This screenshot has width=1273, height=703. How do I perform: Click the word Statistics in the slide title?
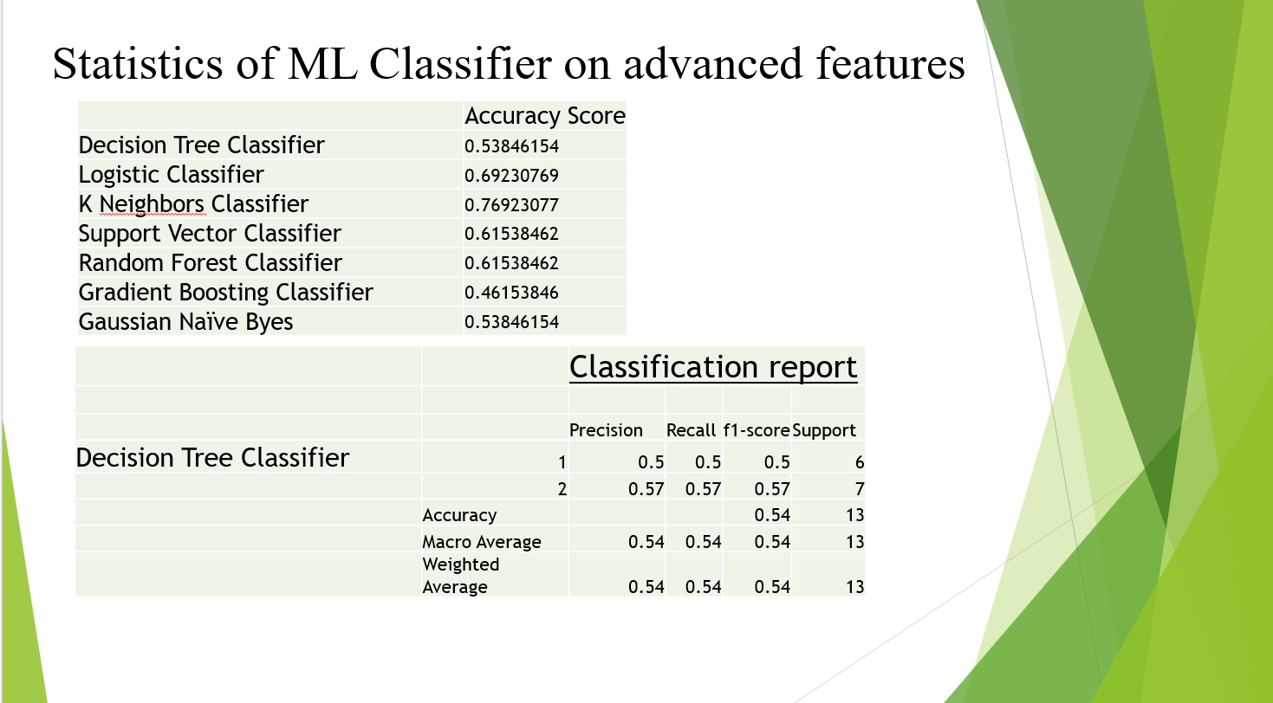point(138,63)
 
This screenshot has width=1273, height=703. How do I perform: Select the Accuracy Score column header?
point(545,116)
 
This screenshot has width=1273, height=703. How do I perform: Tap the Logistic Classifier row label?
point(171,175)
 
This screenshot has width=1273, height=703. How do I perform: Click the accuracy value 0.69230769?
point(511,176)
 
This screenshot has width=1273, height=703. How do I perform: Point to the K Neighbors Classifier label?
point(193,204)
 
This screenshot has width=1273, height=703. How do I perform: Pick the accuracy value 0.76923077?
point(511,205)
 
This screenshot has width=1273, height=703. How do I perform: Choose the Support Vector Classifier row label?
point(210,234)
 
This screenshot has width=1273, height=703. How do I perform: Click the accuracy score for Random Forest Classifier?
point(511,263)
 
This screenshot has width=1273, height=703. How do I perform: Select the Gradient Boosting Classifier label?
point(225,293)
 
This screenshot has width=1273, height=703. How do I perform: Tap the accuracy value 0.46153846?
point(511,293)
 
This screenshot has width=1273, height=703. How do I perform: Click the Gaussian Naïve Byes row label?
point(185,322)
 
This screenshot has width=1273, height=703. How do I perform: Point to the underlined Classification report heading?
point(713,367)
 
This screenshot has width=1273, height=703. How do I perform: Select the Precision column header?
point(606,430)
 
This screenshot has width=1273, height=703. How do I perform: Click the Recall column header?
point(691,430)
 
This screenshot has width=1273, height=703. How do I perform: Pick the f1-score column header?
point(757,431)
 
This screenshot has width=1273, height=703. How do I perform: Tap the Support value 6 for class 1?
point(860,462)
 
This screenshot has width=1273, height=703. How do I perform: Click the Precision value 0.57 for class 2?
point(646,489)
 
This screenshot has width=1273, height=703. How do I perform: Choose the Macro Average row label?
point(481,542)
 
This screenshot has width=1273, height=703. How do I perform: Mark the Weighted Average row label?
point(461,575)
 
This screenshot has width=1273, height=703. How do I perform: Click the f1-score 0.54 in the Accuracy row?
point(772,515)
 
